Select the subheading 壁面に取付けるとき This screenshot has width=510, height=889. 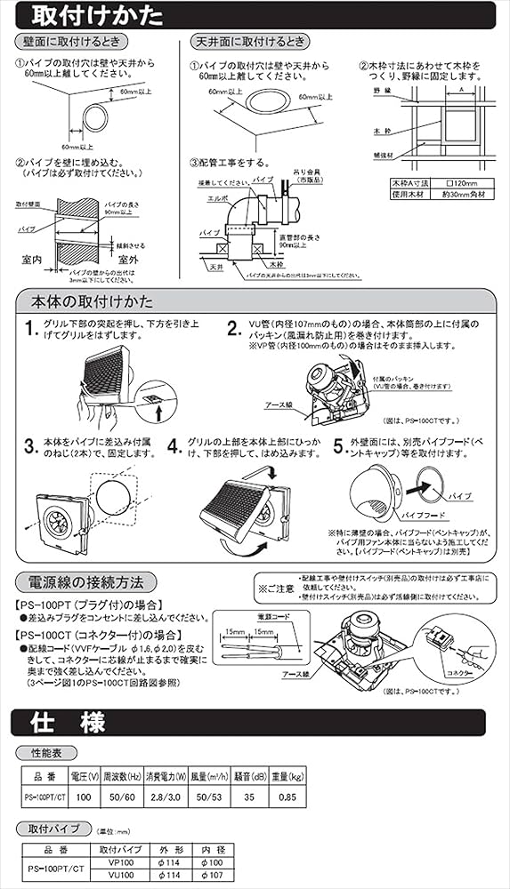point(72,43)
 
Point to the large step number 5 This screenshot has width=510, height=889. point(339,444)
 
